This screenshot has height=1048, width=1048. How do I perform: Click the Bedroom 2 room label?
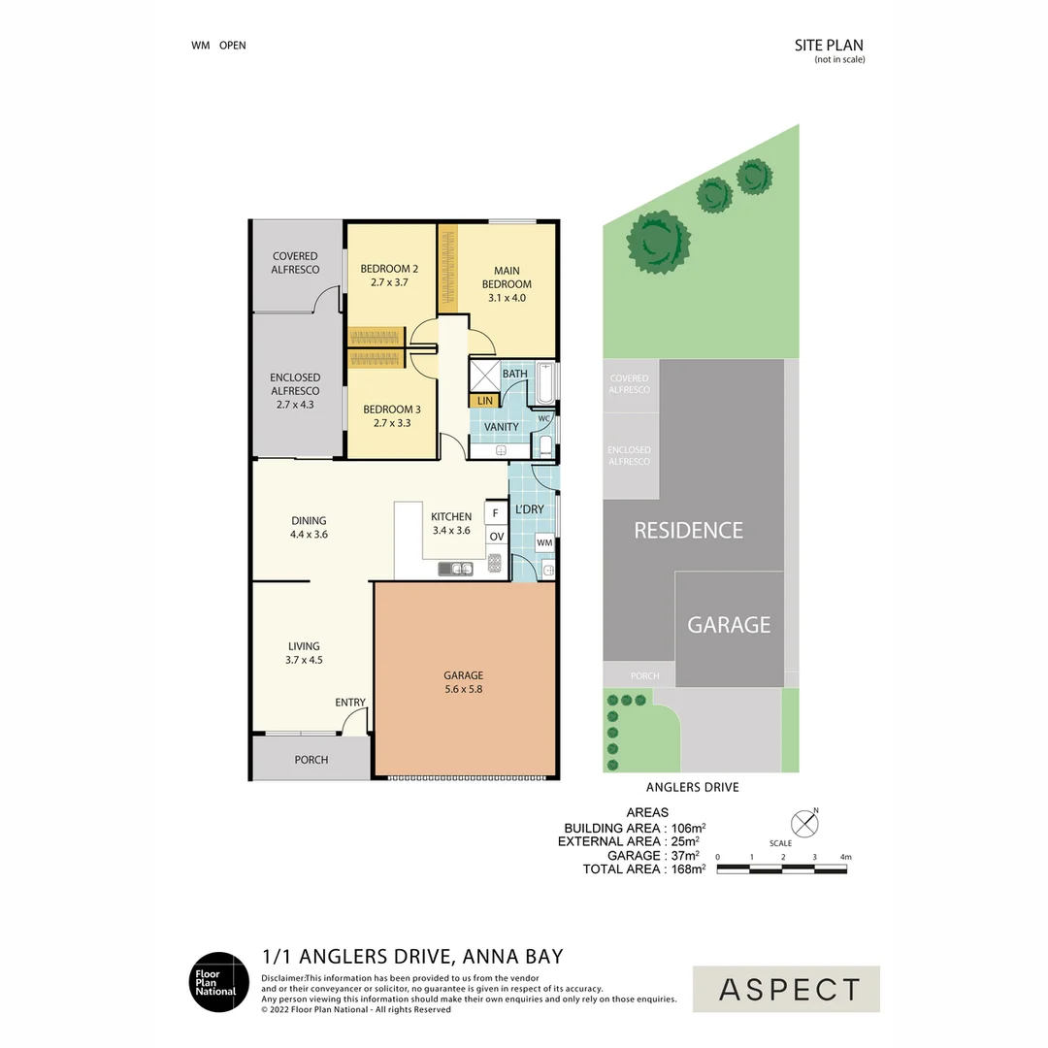(389, 269)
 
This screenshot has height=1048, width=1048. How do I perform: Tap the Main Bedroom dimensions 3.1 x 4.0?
(507, 298)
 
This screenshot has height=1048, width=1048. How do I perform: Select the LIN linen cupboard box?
(485, 401)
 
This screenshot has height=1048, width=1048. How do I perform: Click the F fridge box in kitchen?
(495, 513)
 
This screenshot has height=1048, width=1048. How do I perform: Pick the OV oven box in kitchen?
(497, 536)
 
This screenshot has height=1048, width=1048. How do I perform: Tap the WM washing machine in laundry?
(544, 542)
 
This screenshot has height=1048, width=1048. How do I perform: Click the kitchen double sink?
(456, 569)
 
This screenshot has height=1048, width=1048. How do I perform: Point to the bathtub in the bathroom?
(546, 383)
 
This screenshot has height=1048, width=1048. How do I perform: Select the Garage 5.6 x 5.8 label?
(463, 682)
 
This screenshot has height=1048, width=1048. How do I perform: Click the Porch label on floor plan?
(311, 760)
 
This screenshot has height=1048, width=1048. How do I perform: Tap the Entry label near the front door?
(350, 703)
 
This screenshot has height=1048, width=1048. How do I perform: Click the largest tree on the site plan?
(658, 242)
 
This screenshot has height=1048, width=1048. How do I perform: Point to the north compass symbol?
(804, 824)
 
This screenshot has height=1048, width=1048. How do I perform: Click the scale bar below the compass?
(781, 869)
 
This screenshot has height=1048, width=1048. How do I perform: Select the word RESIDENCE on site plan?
(688, 531)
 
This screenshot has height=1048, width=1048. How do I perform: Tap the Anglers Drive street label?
(693, 787)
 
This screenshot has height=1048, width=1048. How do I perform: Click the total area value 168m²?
(688, 868)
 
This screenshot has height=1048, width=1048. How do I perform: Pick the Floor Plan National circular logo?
(219, 982)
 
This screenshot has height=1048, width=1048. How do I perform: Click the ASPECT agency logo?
(786, 989)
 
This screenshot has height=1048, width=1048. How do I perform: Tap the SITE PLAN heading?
(829, 46)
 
